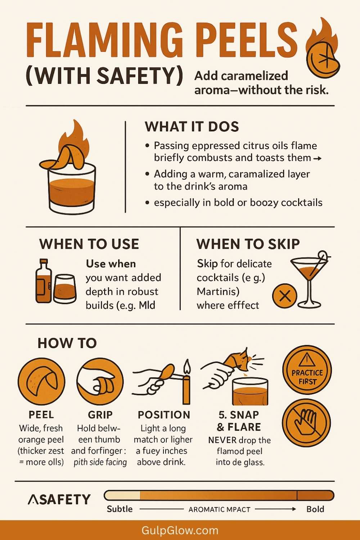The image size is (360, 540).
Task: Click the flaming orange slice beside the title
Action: (x=323, y=48)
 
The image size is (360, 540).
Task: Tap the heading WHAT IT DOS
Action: (x=192, y=127)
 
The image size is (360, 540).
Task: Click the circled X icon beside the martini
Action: (x=284, y=296)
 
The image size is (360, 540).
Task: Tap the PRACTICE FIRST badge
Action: (x=307, y=370)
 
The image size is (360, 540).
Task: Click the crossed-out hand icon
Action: (x=306, y=424)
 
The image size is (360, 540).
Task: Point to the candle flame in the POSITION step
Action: (x=187, y=366)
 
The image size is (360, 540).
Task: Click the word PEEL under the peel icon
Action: (x=41, y=415)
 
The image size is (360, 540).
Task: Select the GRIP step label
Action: (x=100, y=415)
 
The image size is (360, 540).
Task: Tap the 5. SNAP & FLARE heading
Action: (x=239, y=421)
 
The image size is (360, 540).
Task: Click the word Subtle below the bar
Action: (x=120, y=509)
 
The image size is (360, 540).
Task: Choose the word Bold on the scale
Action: (x=315, y=509)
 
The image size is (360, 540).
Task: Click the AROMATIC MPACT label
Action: (x=220, y=509)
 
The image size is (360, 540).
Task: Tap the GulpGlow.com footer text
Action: (x=180, y=530)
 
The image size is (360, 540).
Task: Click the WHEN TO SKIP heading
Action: (x=248, y=244)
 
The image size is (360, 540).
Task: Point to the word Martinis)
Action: (x=218, y=292)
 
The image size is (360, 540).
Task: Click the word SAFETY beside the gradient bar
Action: (x=59, y=499)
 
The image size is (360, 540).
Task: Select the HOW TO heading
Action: (x=67, y=343)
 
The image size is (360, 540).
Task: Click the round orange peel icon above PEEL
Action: (x=41, y=381)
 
